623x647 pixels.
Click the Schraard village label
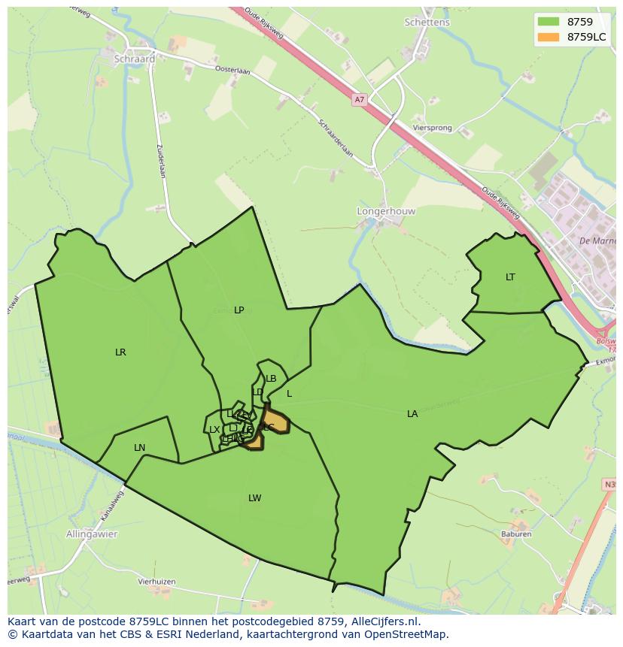tap(134, 59)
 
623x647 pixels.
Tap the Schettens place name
tap(427, 23)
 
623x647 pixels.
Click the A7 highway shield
tap(359, 98)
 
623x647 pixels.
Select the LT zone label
tap(510, 277)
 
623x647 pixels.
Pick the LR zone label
tap(120, 352)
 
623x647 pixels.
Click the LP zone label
tap(239, 310)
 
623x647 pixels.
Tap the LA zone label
tap(412, 414)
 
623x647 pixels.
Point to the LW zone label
tap(255, 498)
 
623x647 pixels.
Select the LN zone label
tap(139, 448)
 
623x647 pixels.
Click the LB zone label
tap(271, 379)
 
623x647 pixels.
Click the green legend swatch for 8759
tap(549, 22)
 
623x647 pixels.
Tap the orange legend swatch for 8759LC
tap(549, 37)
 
